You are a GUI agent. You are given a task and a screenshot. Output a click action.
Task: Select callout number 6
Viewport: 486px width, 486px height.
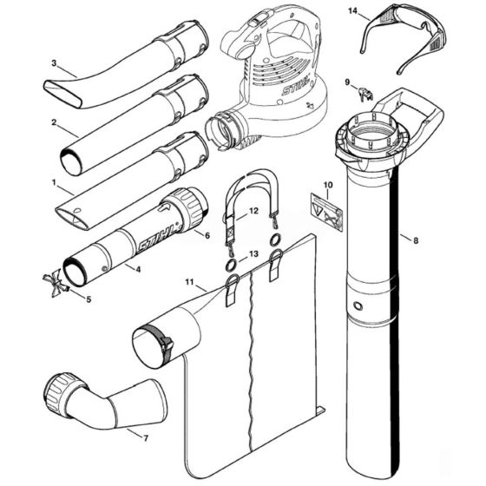coord(207,234)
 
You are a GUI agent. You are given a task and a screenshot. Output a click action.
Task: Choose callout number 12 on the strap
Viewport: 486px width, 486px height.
coord(253,211)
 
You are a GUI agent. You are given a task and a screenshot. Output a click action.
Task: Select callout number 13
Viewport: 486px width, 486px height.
coord(253,253)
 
